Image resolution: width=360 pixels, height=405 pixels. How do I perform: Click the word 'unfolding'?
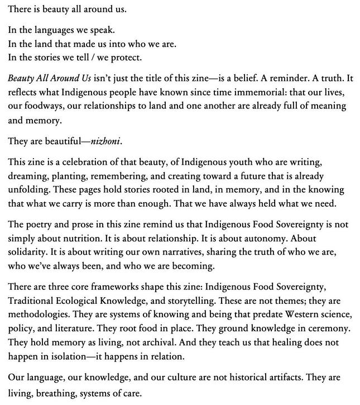coord(27,190)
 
